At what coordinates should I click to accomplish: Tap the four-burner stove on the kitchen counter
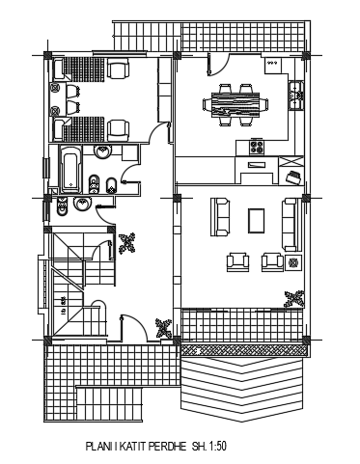pyautogui.click(x=257, y=148)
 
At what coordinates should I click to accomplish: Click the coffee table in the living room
pyautogui.click(x=256, y=220)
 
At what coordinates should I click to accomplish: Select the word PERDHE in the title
pyautogui.click(x=163, y=447)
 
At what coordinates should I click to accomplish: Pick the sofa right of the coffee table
pyautogui.click(x=289, y=222)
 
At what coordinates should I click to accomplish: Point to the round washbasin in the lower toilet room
pyautogui.click(x=83, y=205)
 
